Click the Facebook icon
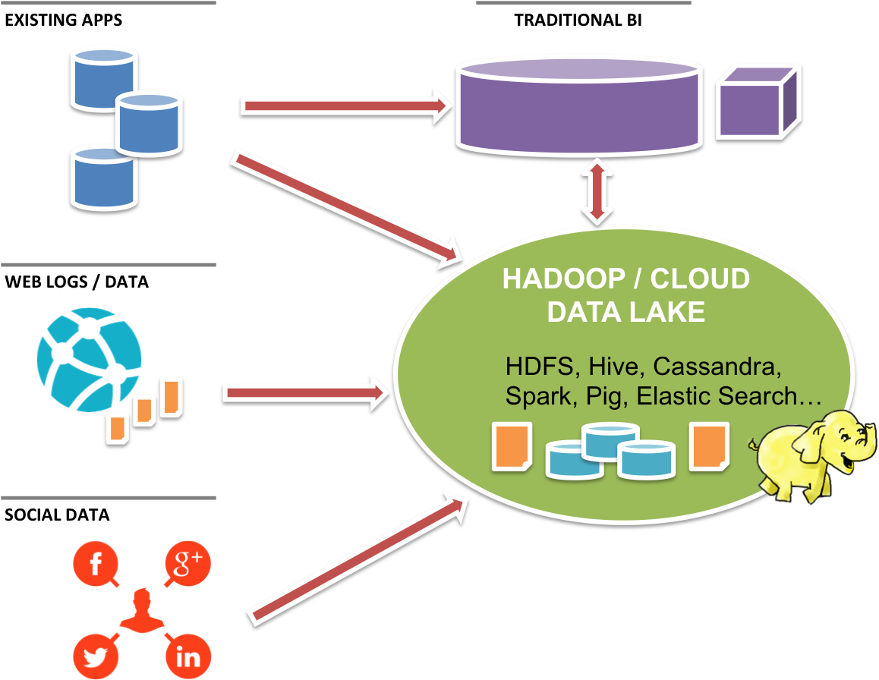point(96,565)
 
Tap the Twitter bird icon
point(96,656)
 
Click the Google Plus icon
point(187,565)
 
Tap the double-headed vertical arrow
point(597,191)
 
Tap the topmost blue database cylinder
point(103,76)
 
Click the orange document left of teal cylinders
point(511,447)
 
